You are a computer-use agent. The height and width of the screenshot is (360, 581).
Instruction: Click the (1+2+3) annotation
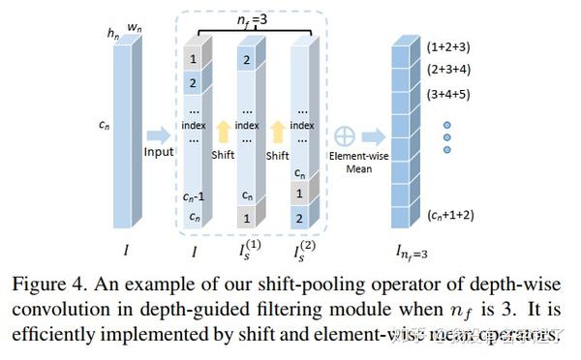(448, 45)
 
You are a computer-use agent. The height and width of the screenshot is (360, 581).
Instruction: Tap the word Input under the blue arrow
(158, 151)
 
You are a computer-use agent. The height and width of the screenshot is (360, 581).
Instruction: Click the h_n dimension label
(113, 34)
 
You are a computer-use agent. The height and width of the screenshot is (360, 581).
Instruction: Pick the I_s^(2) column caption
(304, 252)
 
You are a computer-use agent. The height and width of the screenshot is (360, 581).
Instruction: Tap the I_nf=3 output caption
(410, 253)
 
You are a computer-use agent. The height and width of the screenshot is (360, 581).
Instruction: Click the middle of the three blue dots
(446, 137)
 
